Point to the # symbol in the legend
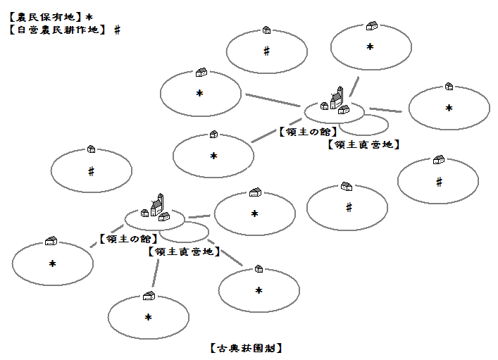tap(117, 30)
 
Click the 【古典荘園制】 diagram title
tap(246, 348)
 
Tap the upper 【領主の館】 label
tap(308, 131)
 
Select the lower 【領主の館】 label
tap(129, 239)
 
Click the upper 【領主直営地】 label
tap(364, 144)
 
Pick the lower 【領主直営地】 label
tap(184, 252)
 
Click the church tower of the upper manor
tap(339, 96)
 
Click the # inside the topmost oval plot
tap(266, 51)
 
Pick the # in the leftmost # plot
tap(91, 170)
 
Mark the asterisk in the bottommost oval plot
tap(149, 318)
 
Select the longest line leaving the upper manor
tap(274, 100)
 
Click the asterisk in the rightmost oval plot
tap(449, 108)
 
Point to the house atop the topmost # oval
tap(266, 30)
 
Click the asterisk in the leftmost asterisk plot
tap(52, 263)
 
